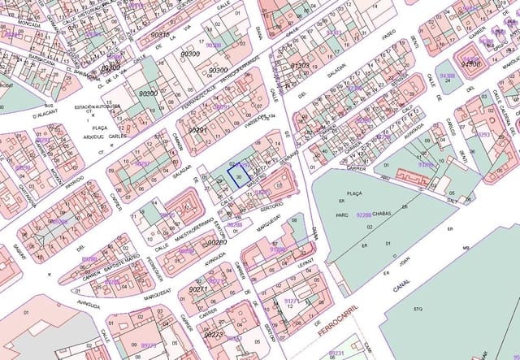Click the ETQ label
(418, 310)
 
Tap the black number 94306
(471, 63)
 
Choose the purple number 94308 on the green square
(447, 76)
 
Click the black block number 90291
(198, 130)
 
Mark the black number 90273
(213, 334)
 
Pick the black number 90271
(199, 289)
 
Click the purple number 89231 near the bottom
(336, 353)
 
